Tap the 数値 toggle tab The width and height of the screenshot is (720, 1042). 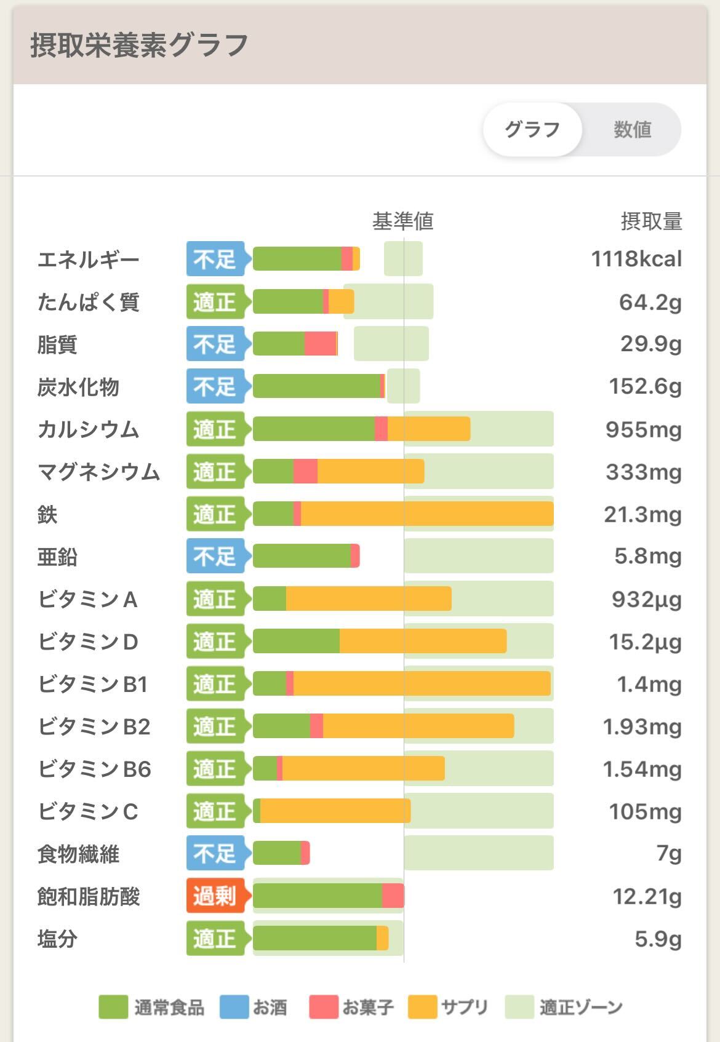(632, 130)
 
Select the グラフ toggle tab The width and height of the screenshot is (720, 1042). (532, 130)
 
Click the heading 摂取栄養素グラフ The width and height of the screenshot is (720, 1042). (139, 46)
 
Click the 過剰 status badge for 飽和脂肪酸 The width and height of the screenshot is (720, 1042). (215, 896)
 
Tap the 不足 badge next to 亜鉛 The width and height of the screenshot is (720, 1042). (215, 556)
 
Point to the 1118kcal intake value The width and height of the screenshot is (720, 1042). (636, 259)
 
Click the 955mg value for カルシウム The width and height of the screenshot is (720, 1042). (643, 429)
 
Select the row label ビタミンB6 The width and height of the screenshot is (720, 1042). (94, 769)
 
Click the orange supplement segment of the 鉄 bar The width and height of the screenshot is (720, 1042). (427, 514)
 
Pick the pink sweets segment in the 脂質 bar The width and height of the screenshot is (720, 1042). (320, 344)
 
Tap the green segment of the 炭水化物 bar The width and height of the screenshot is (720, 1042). (316, 386)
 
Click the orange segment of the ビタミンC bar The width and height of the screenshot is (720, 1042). (335, 811)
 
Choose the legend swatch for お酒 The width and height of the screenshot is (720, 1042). (234, 1008)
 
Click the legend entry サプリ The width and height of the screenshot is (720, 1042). (463, 1008)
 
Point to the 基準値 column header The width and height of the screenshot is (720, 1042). (403, 221)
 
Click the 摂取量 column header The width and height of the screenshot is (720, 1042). (651, 221)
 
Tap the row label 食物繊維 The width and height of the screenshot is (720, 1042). (78, 854)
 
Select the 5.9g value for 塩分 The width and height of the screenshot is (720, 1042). (658, 939)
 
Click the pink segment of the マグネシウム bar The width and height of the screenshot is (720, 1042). (305, 471)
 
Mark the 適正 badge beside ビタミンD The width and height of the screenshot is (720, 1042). (215, 641)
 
